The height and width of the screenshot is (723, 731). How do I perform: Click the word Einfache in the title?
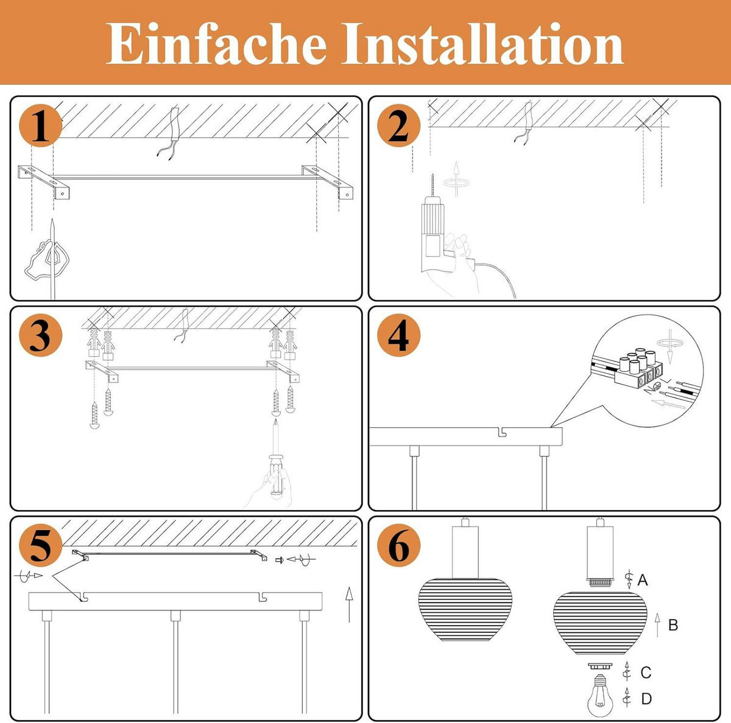point(216,44)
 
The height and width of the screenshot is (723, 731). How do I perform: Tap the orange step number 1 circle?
point(40,127)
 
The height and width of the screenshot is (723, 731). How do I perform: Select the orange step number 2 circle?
point(398,127)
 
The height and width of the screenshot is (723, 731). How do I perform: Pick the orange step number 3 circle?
point(40,335)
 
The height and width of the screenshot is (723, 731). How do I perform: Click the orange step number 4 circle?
point(398,335)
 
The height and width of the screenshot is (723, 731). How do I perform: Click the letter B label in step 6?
point(673,625)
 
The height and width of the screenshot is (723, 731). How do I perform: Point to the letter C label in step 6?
point(646,672)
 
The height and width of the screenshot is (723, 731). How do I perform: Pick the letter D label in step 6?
point(646,699)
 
